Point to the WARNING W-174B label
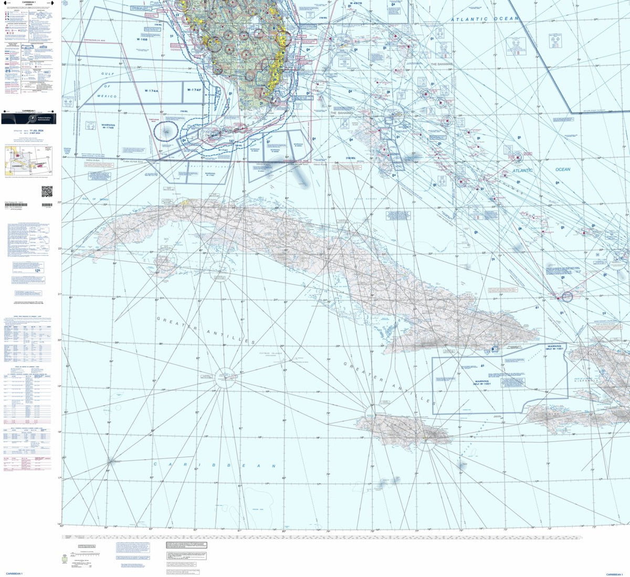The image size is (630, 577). pos(108,127)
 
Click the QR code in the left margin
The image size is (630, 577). pos(47,191)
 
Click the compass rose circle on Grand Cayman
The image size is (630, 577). pos(225,378)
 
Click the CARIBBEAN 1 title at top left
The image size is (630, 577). pos(29,3)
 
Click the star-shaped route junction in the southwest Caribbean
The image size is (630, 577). pos(110,461)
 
